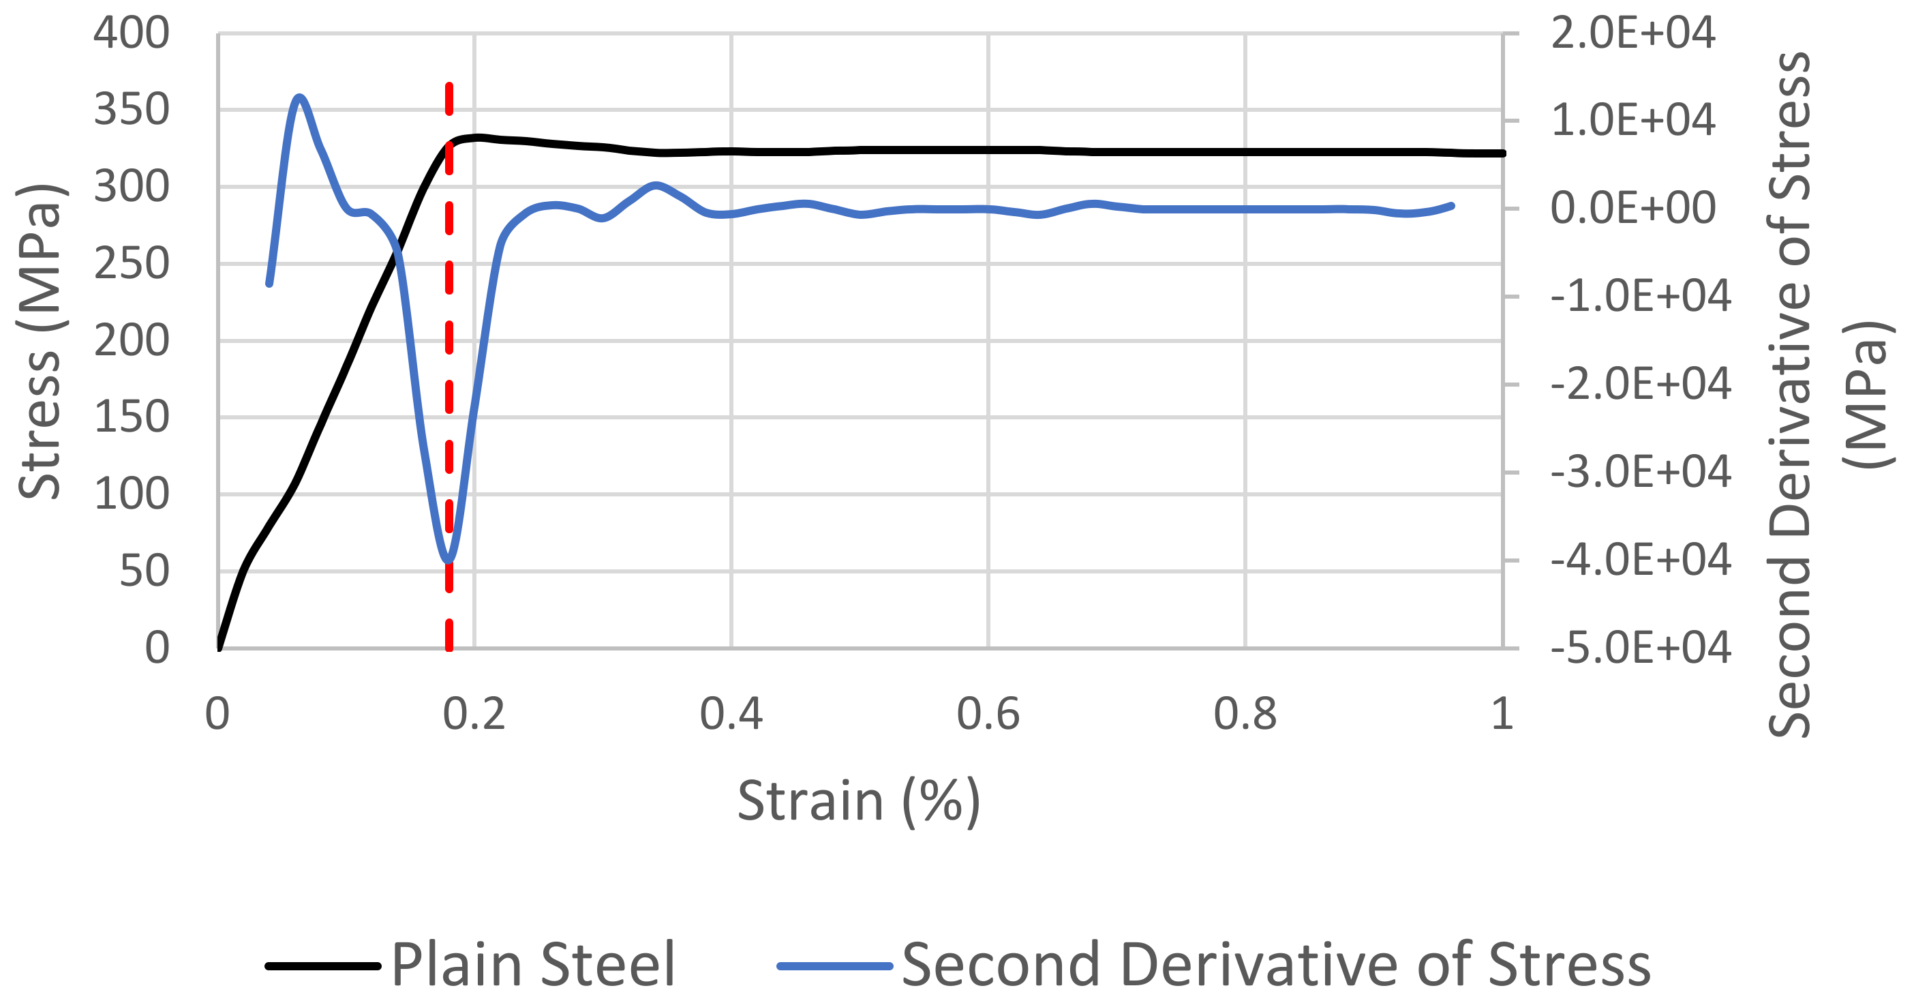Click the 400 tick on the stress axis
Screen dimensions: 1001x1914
coord(132,33)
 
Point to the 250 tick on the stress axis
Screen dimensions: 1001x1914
coord(132,264)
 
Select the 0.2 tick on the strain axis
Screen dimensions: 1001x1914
coord(474,714)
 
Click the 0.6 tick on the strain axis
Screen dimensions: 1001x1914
coord(988,714)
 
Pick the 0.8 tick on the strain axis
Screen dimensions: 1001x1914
coord(1245,714)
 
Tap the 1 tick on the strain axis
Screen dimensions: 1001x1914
coord(1502,714)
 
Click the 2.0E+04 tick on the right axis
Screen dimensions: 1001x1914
coord(1632,33)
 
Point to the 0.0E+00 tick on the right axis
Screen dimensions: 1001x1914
coord(1632,208)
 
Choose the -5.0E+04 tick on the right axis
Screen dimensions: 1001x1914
coord(1641,648)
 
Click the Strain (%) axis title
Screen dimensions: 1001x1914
coord(859,801)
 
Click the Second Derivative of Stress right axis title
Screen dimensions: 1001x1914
coord(1790,394)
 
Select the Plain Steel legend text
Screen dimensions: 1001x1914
coord(533,965)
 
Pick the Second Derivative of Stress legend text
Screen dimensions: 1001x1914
coord(1276,965)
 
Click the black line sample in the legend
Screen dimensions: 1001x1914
coord(323,966)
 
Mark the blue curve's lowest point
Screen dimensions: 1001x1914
coord(448,561)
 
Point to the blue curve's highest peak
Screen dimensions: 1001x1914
coord(299,97)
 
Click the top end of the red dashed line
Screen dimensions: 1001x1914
coord(449,86)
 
